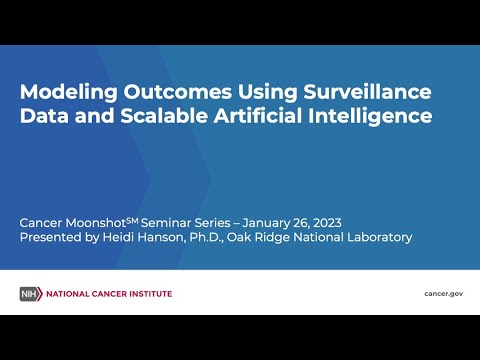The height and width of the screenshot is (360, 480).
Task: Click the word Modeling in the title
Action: click(x=69, y=92)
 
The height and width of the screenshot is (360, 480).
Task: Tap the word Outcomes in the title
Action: click(x=178, y=91)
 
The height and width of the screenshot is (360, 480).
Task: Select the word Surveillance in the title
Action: click(x=367, y=91)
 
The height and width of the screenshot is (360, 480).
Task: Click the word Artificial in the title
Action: click(x=258, y=116)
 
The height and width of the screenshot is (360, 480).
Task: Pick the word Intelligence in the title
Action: click(x=370, y=116)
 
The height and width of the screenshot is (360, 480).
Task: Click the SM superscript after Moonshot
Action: click(x=132, y=220)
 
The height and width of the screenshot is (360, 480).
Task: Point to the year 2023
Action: click(x=327, y=223)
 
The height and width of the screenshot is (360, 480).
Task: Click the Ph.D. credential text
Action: click(x=206, y=238)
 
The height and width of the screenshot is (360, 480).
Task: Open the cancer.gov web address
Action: click(x=444, y=294)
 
